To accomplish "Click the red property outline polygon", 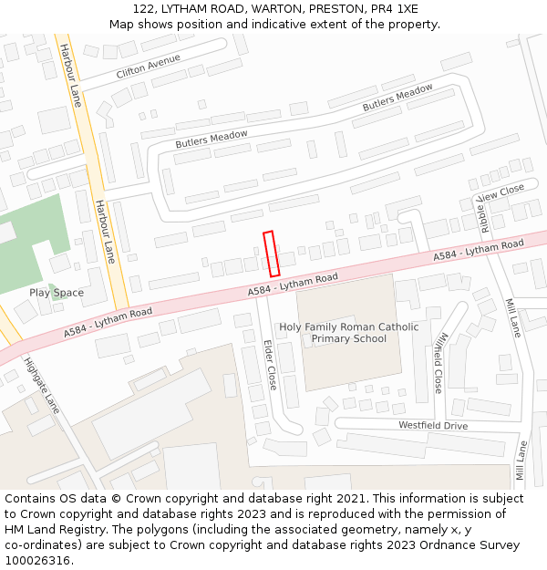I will (x=271, y=254).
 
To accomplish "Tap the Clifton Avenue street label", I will (x=148, y=66).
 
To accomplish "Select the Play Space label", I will (x=57, y=293).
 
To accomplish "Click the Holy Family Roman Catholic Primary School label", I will (x=349, y=333).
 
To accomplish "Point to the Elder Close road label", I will (x=270, y=366).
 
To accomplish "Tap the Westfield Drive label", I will (x=432, y=426).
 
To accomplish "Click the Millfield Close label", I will (x=439, y=362).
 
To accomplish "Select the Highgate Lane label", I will (x=42, y=386).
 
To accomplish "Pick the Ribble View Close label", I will (x=500, y=200).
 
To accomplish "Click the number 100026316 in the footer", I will (x=37, y=561).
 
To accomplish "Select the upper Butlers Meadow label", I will (x=397, y=98).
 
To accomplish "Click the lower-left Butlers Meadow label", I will (x=212, y=140).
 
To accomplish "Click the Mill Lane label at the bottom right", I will (x=521, y=461).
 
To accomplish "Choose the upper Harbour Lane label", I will (x=71, y=75).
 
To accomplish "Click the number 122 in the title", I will (x=157, y=8).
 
